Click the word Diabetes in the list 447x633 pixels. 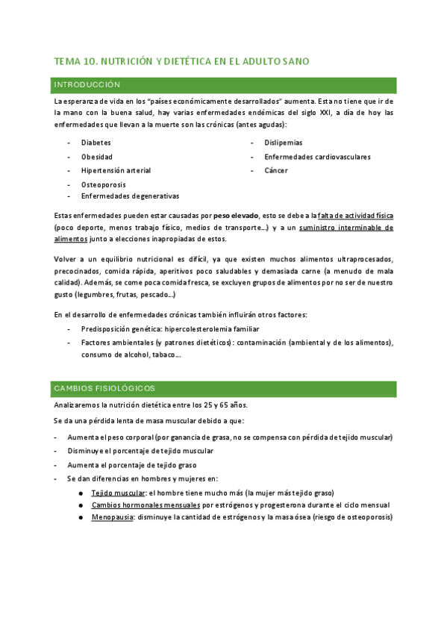click(x=96, y=143)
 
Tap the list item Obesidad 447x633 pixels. click(x=97, y=157)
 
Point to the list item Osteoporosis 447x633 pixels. click(x=103, y=184)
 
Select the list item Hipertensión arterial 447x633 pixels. click(x=116, y=170)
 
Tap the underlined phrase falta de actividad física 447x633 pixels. click(x=355, y=215)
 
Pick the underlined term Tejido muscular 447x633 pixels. click(x=118, y=493)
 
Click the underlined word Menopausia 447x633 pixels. click(x=113, y=517)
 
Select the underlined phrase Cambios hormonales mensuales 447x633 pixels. click(x=146, y=505)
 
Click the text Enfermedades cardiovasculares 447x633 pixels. click(x=317, y=157)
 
